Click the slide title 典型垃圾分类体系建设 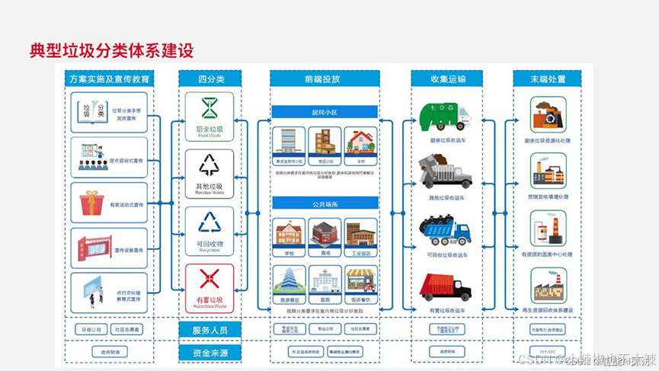[111, 51]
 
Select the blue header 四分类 [210, 79]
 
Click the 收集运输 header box [449, 79]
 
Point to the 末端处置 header [549, 79]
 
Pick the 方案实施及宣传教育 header [110, 79]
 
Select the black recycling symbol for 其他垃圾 [210, 165]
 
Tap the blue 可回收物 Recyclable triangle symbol [210, 222]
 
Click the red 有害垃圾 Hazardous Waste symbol [210, 279]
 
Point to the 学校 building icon [289, 233]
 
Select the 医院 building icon [325, 281]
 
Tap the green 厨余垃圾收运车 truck [446, 117]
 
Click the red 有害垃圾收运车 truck [446, 287]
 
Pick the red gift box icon [92, 203]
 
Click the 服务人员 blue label [210, 330]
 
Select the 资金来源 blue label [210, 353]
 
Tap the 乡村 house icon [361, 142]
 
